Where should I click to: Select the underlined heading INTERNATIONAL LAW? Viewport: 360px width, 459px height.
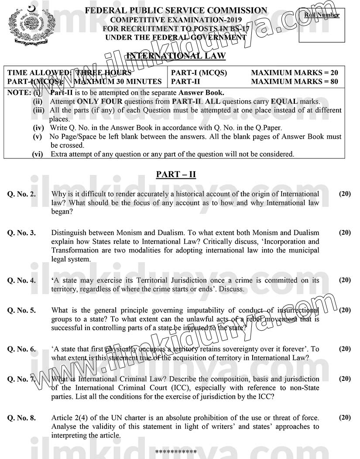point(176,55)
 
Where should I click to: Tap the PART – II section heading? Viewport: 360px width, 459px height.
point(176,175)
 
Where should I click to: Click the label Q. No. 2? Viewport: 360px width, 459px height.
point(21,194)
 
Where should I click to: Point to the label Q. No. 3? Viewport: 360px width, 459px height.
point(21,233)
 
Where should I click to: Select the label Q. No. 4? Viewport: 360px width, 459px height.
point(21,281)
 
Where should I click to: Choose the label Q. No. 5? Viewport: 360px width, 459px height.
point(21,310)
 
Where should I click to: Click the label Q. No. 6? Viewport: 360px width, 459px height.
point(21,349)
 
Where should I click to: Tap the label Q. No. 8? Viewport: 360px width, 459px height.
point(21,418)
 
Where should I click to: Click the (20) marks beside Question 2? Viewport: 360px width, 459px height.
point(345,193)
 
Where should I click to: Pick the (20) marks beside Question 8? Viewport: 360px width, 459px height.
point(345,418)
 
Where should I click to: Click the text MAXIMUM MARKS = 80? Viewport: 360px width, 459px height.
point(295,81)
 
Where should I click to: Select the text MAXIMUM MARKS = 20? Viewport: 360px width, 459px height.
point(295,73)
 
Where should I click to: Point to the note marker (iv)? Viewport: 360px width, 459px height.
point(39,128)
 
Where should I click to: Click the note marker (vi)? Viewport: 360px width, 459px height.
point(38,154)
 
